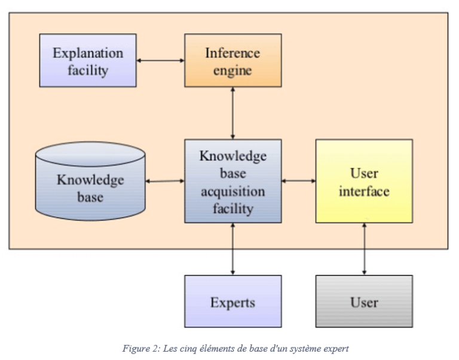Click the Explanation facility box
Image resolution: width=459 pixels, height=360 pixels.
[x=88, y=60]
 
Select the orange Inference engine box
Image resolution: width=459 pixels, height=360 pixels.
[x=232, y=60]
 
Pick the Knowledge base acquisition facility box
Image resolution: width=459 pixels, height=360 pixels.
[x=232, y=181]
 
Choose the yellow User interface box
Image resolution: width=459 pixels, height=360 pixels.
[x=363, y=181]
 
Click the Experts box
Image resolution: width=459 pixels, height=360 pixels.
[x=232, y=301]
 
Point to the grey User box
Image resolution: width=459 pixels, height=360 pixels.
[x=363, y=301]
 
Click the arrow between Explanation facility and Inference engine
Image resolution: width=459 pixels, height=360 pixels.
[x=160, y=60]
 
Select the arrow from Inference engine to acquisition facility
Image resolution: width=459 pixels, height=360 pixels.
[x=232, y=113]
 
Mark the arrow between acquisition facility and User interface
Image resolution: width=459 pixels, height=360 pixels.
[x=298, y=180]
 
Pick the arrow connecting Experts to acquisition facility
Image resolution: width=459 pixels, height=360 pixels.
[x=232, y=249]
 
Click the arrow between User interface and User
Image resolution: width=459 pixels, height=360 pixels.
[x=363, y=249]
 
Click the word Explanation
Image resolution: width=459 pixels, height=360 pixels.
[x=88, y=53]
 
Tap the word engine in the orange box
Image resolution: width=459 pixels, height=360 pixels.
[x=232, y=70]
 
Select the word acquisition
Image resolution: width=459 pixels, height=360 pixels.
[x=232, y=192]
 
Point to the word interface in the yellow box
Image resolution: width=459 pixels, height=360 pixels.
[x=363, y=191]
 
